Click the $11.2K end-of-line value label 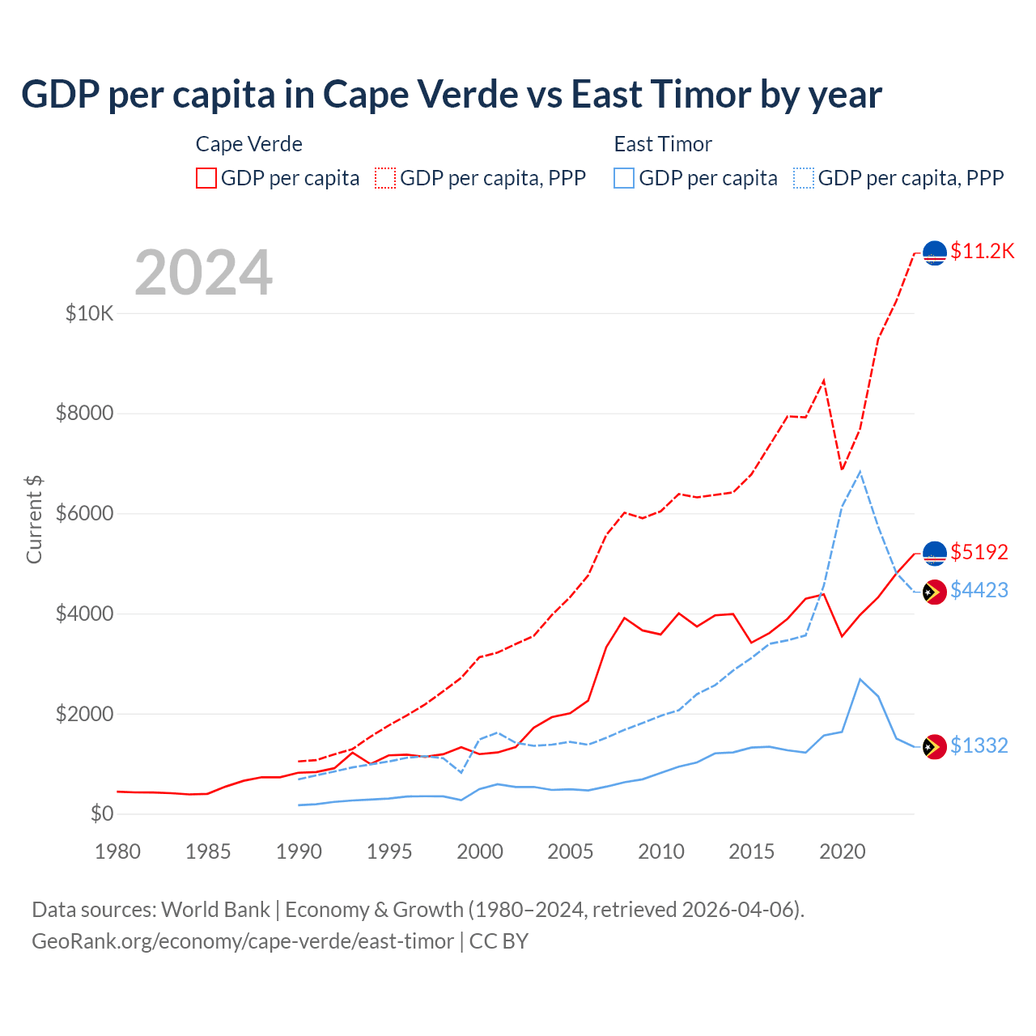tap(982, 251)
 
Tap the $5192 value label tap(979, 552)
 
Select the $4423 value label tap(979, 590)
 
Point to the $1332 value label tap(979, 745)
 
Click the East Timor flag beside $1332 tap(935, 747)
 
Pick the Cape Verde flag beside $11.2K tap(935, 253)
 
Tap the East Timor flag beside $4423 tap(935, 592)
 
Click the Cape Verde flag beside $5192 tap(935, 554)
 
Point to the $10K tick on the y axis tap(89, 313)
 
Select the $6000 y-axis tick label tap(84, 514)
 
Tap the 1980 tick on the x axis tap(117, 851)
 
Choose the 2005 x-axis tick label tap(570, 851)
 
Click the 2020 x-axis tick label tap(842, 851)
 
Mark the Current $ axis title tap(34, 520)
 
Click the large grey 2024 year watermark tap(203, 273)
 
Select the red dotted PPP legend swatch tap(385, 178)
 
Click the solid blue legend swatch tap(624, 178)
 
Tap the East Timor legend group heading tap(662, 144)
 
